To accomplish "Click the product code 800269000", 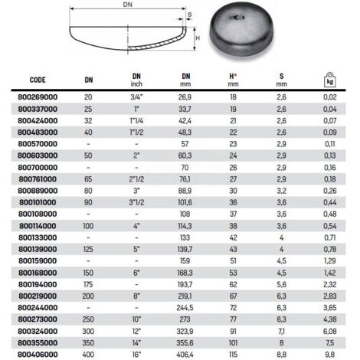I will pos(37,98).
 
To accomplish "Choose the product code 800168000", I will pos(37,270).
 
